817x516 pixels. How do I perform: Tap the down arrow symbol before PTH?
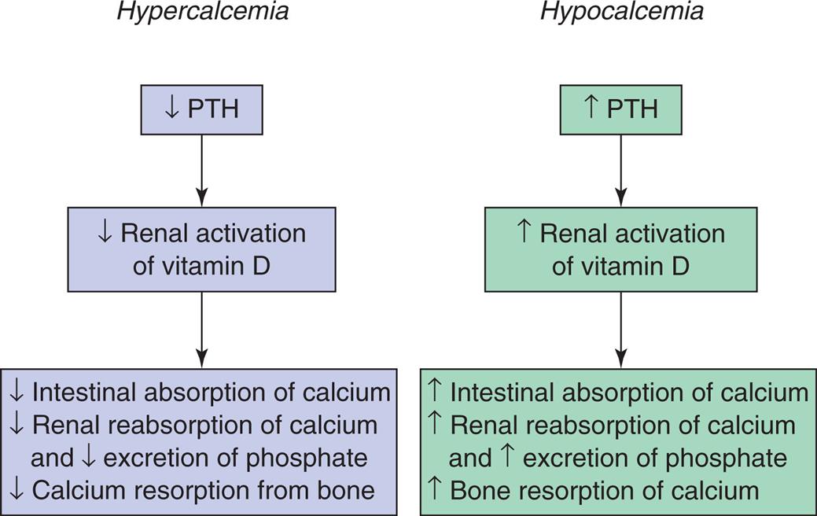[172, 108]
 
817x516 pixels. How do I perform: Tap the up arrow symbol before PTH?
[591, 108]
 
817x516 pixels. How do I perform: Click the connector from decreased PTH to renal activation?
[202, 170]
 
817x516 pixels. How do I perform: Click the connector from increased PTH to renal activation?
[621, 170]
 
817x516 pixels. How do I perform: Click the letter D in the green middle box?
[681, 266]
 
